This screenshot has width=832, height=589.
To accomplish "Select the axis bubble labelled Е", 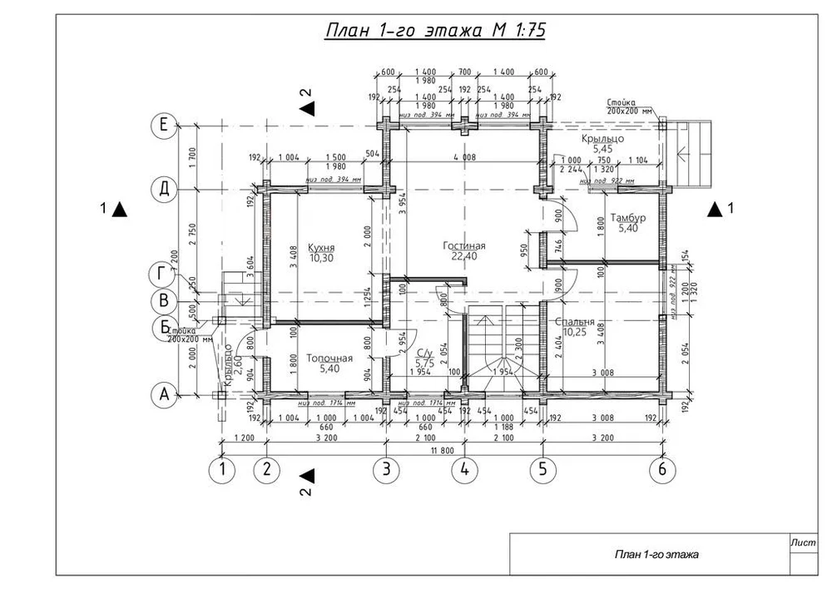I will [x=164, y=126].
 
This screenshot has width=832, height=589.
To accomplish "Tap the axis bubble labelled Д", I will [x=164, y=189].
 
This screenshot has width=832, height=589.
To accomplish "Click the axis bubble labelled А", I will [x=164, y=396].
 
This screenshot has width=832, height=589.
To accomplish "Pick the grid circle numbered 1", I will [x=222, y=470].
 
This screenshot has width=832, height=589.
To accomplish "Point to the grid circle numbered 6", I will [x=662, y=470].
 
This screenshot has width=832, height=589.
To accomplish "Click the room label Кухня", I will [x=321, y=248].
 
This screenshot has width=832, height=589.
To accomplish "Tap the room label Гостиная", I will [x=465, y=246].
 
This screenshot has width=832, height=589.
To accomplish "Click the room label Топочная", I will [x=329, y=359].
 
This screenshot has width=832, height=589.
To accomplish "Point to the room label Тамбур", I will [x=628, y=218].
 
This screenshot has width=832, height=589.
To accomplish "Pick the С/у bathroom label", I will [x=424, y=353].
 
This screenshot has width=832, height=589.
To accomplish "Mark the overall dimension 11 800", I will [x=442, y=450].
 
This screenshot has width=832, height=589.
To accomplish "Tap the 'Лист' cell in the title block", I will [x=803, y=542].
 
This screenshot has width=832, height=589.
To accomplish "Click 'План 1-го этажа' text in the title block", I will [x=656, y=554].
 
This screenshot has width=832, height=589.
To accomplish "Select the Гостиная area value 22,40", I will [x=464, y=257].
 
